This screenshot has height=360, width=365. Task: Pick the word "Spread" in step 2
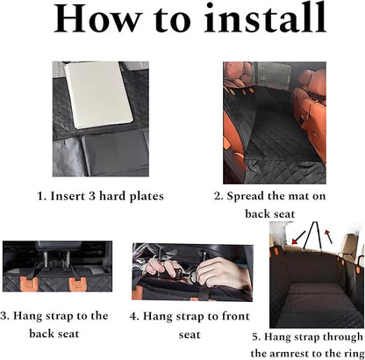(254, 197)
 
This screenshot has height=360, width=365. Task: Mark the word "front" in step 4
(224, 314)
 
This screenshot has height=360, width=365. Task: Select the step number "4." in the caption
(134, 314)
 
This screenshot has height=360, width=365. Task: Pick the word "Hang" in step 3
(32, 315)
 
